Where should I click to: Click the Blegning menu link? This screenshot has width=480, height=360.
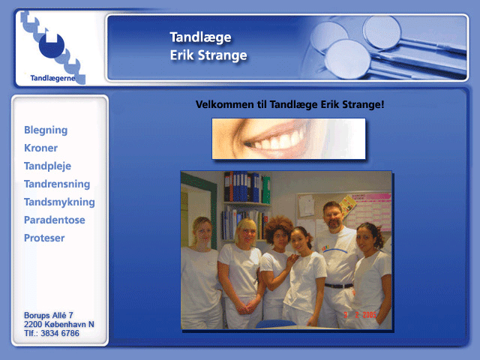tap(46, 130)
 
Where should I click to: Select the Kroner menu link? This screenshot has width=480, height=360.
tap(40, 148)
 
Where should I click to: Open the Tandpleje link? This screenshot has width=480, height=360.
tap(47, 166)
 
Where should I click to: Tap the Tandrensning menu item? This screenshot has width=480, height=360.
tap(57, 184)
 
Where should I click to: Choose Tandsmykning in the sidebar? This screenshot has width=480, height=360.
tap(59, 202)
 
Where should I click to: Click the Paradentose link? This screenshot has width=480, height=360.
tap(55, 220)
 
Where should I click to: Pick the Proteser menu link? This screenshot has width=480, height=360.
tap(44, 238)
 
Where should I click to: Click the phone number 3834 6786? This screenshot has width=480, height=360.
tap(60, 333)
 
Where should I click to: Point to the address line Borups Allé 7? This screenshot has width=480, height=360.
tap(48, 315)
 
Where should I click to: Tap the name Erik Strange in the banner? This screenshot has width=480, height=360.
tap(208, 55)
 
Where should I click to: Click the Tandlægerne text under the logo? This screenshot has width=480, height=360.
tap(52, 78)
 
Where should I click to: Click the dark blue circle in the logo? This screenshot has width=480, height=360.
tap(52, 46)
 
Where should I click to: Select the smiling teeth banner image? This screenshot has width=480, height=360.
tap(289, 139)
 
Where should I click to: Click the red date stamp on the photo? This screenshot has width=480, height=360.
tap(360, 315)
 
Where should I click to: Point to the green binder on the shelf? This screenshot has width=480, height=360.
tap(266, 190)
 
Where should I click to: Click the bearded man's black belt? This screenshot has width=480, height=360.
tap(339, 286)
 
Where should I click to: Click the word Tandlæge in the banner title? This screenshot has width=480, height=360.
tap(201, 37)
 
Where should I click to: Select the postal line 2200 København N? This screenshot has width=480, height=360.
tap(59, 325)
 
